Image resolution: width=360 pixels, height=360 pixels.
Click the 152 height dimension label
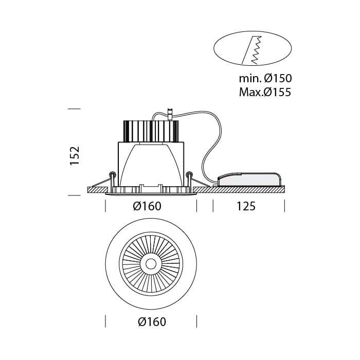coord(75,155)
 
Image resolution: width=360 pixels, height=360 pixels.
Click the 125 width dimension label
coord(246,206)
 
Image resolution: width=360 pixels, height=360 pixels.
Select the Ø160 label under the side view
coord(147,206)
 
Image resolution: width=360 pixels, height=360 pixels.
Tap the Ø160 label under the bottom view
coord(152,321)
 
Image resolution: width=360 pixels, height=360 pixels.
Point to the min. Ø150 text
coord(265,78)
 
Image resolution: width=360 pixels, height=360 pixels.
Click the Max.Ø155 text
coord(265,92)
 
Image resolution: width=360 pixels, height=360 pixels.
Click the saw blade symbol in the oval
coord(252,50)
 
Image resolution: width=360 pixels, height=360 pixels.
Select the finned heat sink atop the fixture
coord(151,131)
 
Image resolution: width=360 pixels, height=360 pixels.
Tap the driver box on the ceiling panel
coord(249,179)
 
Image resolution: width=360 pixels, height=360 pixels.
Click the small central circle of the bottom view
coord(151,264)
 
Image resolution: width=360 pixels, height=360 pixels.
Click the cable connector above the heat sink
coord(170,114)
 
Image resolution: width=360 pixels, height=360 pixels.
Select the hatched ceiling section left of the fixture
coord(98,190)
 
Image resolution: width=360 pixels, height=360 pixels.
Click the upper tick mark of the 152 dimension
coord(75,109)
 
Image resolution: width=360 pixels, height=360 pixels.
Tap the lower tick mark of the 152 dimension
coord(75,195)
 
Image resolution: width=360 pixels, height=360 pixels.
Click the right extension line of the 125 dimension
coord(284,206)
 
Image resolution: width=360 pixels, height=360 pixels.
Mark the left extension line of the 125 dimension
coord(213,206)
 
